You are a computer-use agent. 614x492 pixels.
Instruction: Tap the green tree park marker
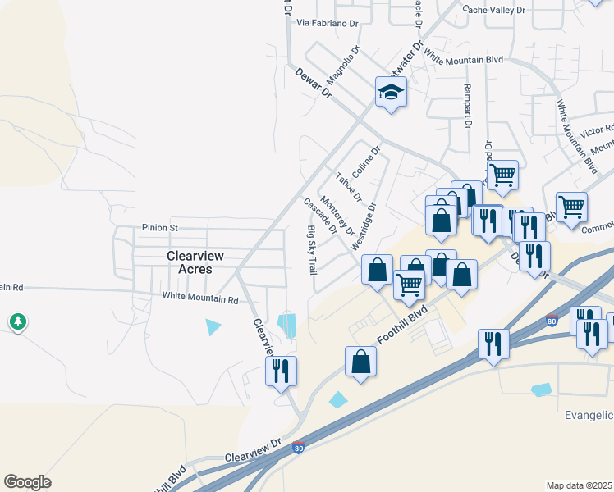coord(18,321)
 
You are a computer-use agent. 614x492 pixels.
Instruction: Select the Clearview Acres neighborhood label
coord(189,262)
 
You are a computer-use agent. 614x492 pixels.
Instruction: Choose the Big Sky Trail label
coord(312,249)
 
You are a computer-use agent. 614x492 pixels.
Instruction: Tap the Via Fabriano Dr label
coord(328,24)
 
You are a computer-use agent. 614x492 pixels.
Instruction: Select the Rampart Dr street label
coord(467,107)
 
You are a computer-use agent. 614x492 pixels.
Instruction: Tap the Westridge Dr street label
coord(364,226)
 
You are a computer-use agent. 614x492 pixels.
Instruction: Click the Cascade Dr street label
coord(320,216)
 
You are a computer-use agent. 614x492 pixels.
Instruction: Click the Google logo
coord(27,482)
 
